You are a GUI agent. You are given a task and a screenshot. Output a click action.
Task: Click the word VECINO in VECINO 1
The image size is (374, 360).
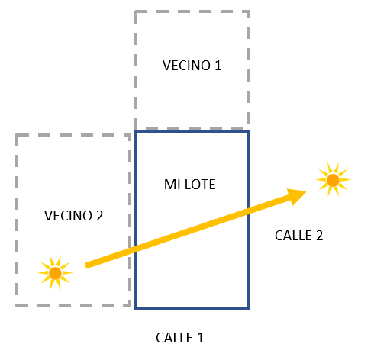click(186, 66)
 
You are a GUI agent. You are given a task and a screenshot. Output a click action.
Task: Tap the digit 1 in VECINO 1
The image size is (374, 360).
click(218, 66)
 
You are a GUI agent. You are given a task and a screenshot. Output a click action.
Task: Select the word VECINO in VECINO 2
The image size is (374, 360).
click(68, 216)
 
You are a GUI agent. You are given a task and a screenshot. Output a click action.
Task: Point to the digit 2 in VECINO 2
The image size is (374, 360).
click(99, 216)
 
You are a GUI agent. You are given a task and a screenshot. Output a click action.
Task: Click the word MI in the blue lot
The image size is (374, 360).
click(172, 185)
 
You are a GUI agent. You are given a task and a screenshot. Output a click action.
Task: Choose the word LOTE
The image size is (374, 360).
click(200, 185)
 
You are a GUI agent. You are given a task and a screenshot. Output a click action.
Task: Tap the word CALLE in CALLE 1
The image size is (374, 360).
click(174, 338)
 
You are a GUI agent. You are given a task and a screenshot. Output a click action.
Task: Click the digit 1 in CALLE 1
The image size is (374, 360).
click(201, 338)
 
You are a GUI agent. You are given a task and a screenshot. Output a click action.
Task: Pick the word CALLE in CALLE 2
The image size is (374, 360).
click(293, 236)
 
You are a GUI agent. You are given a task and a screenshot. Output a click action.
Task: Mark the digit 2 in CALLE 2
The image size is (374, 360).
click(320, 236)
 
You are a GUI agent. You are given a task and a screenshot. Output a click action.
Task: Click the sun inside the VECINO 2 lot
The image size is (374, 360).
click(55, 273)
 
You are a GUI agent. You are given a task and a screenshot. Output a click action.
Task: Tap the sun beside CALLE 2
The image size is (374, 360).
click(333, 180)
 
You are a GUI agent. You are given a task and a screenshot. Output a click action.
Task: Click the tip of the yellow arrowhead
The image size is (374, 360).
click(307, 191)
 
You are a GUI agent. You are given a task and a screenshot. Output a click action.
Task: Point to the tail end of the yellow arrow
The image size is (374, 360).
click(85, 265)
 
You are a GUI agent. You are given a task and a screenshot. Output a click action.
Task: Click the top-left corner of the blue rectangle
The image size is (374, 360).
click(135, 132)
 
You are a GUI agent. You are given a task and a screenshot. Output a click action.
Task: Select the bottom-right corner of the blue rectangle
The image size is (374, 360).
click(248, 308)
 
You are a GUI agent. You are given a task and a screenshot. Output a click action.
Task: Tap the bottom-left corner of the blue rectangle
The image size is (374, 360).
click(135, 308)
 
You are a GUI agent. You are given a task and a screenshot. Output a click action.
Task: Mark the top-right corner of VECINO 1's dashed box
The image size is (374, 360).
click(248, 11)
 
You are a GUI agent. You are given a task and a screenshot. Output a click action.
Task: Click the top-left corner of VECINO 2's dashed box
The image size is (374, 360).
click(17, 135)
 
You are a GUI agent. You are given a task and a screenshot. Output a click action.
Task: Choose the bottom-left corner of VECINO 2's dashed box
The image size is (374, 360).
click(17, 304)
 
